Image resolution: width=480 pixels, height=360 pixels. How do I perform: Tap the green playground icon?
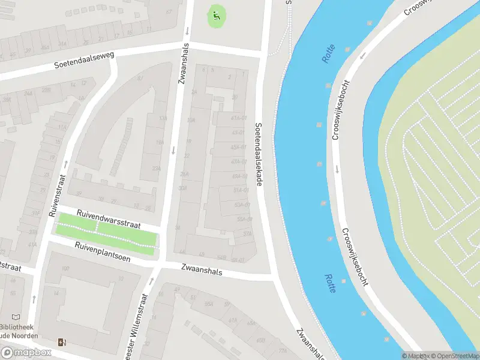tap(217, 16)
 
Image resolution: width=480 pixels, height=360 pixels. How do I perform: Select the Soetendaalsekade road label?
tap(259, 154)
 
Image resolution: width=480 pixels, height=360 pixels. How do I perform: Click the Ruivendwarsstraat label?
tap(108, 218)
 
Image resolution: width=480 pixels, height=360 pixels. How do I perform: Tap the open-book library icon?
tap(16, 317)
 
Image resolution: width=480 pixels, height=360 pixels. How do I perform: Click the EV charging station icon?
tap(61, 342)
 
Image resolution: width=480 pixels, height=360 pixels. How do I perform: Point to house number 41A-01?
tap(239, 118)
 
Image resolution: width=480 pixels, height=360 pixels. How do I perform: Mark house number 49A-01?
tap(240, 176)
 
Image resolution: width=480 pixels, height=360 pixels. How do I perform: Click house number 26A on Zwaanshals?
tap(184, 174)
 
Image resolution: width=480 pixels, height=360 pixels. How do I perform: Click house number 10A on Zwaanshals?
tap(191, 120)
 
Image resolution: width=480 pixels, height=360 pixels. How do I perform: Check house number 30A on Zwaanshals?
tap(182, 188)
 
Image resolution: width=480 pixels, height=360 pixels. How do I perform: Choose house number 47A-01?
tap(239, 161)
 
